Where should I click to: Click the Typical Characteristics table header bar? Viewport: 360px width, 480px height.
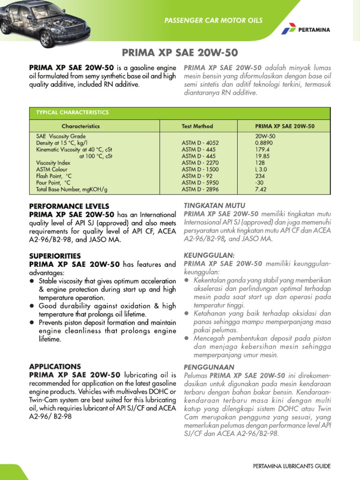pos(180,112)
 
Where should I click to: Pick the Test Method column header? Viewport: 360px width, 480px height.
pos(197,126)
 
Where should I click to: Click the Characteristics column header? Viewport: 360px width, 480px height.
pos(81,126)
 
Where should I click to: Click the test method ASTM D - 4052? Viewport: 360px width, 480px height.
pos(200,142)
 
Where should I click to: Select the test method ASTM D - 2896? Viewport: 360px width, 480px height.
pos(200,189)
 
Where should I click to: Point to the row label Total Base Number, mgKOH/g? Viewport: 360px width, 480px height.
pos(72,189)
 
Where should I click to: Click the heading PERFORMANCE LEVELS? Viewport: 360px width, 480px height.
pos(69,206)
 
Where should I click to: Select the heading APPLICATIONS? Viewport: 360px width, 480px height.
pos(55,366)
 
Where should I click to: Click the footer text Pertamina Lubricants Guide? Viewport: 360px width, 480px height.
pos(292,466)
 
